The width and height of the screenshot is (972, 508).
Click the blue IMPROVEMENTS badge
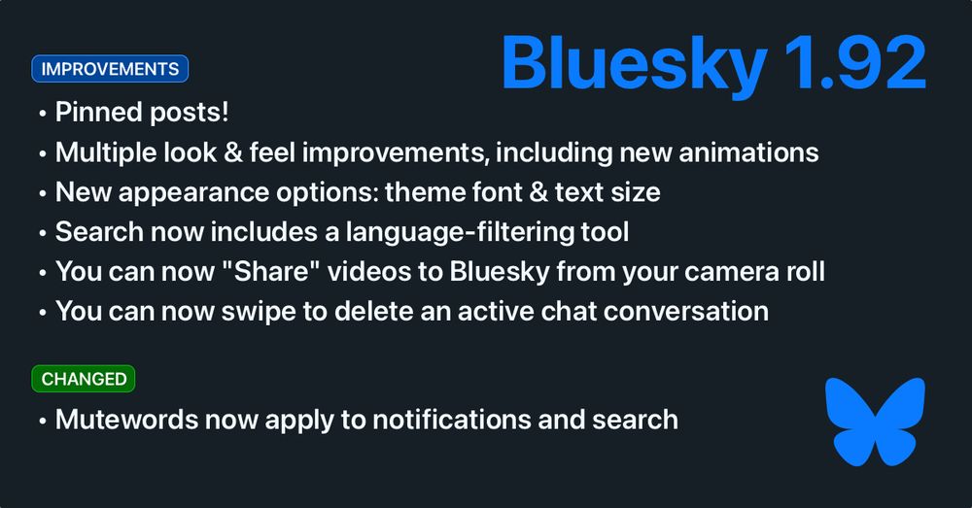110,69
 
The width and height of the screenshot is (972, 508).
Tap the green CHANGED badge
83,379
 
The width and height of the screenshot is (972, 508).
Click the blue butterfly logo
876,422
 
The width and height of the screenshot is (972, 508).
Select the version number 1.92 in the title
854,62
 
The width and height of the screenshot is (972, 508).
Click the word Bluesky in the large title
634,65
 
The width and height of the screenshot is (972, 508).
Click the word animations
748,152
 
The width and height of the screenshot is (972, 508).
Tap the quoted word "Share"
271,271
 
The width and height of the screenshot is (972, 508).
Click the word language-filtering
460,232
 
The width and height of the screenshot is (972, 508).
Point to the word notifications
451,420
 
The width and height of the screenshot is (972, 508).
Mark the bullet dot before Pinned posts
42,114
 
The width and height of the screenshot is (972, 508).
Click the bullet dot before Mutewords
42,422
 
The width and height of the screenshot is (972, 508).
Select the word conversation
685,311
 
